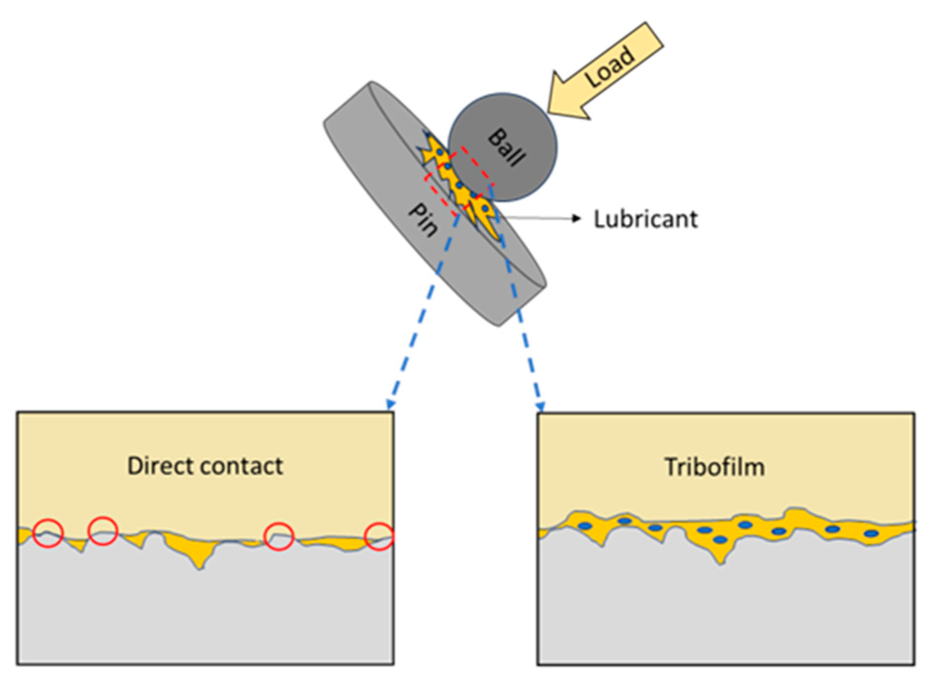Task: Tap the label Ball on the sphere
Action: point(507,147)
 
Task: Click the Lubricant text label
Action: point(645,219)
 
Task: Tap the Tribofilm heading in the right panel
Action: point(714,467)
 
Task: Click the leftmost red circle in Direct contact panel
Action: point(48,533)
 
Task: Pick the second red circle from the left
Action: point(103,530)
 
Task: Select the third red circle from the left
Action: point(279,536)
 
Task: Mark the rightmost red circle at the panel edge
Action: point(379,536)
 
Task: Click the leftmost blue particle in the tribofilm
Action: point(585,525)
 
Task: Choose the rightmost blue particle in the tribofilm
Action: point(871,534)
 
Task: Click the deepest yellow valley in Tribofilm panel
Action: point(721,561)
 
